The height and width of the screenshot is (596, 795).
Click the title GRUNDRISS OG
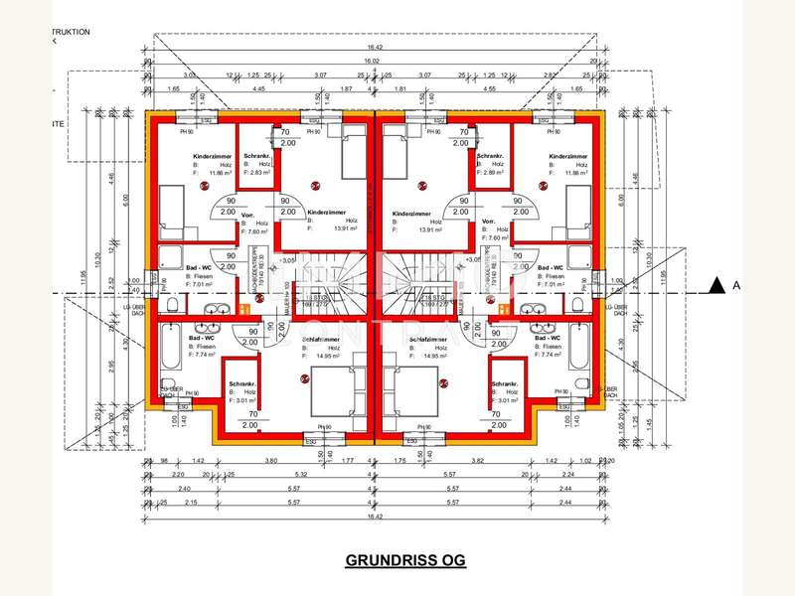404,560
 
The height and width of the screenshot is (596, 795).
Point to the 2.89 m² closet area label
491,172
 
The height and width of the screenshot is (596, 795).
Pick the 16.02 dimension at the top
374,62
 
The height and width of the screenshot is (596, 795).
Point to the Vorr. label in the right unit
488,222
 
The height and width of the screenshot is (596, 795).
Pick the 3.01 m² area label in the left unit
243,402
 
